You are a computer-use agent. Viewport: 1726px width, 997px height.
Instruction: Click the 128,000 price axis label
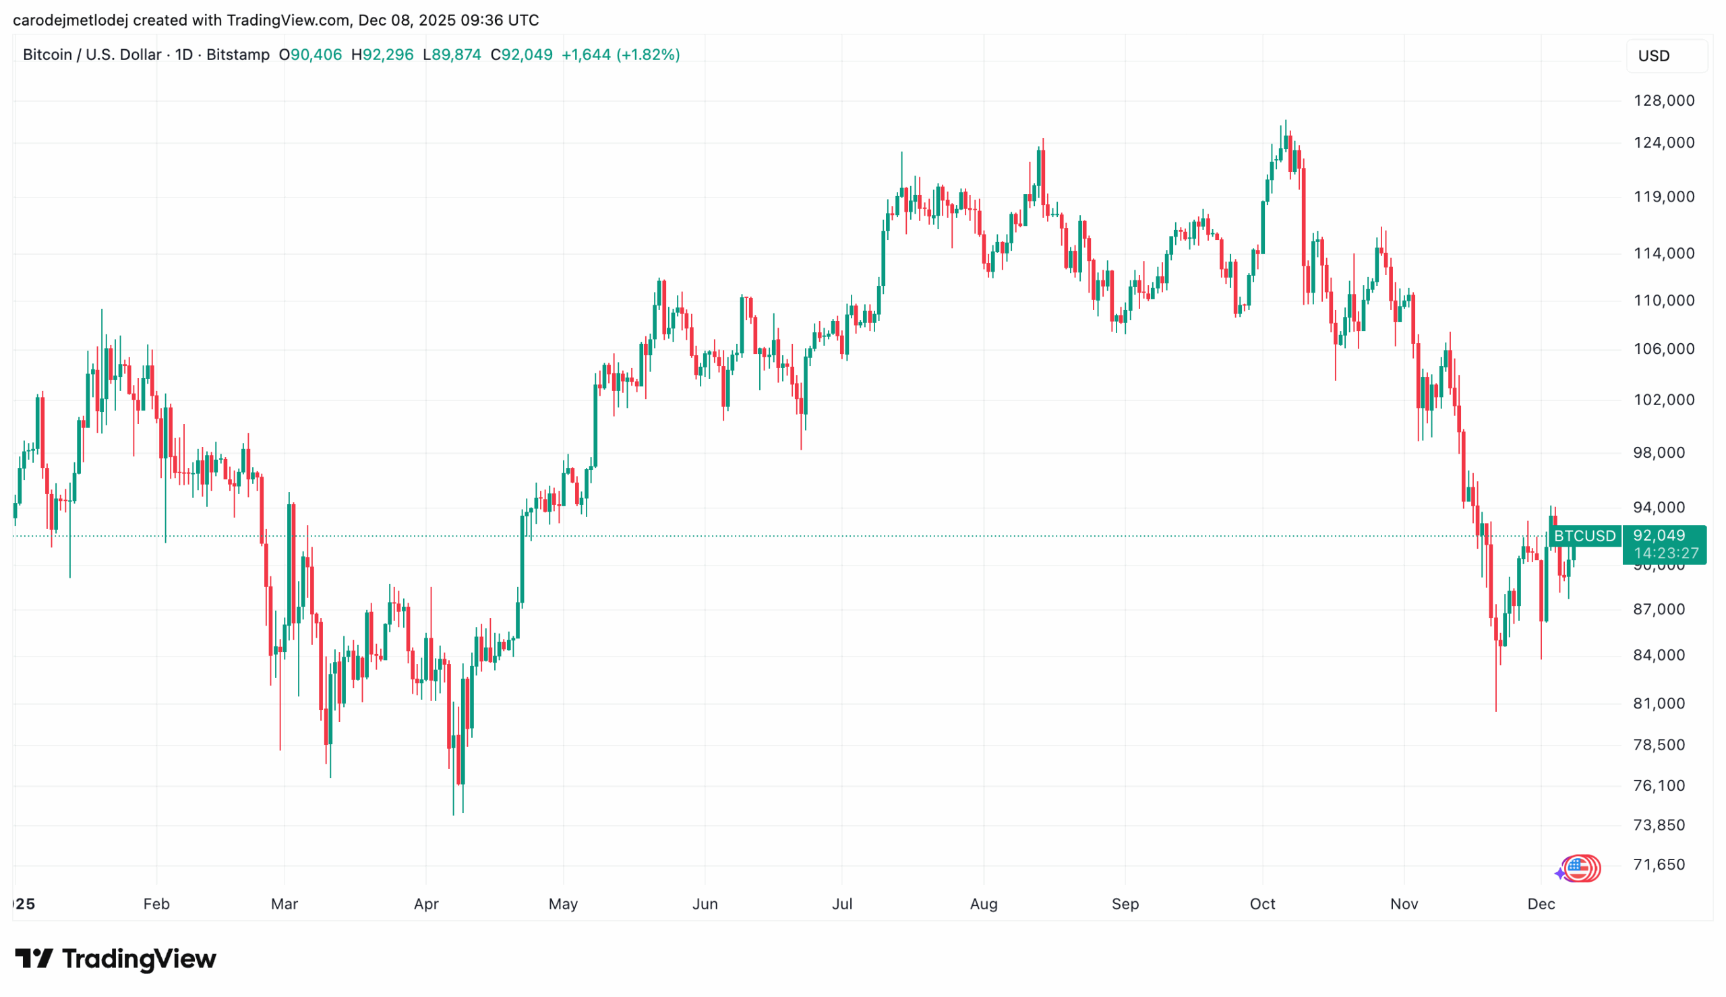(1663, 100)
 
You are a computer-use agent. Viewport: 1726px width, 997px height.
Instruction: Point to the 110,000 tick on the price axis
(1663, 301)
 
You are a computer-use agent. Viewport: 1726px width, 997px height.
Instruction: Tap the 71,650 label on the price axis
(1658, 865)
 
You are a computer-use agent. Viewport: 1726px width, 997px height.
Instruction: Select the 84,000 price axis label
(1658, 655)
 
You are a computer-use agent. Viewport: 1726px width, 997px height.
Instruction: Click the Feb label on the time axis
(156, 904)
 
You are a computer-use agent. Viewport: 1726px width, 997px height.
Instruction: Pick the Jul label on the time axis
(841, 904)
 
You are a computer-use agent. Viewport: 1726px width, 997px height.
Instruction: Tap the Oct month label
(1262, 904)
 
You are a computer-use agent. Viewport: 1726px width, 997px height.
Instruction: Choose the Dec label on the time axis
(1541, 904)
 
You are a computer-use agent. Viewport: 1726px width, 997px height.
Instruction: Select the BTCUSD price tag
(1584, 536)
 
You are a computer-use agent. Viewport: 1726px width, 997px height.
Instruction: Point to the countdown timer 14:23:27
(1665, 553)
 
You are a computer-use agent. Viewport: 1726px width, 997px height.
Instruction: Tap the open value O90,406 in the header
(310, 55)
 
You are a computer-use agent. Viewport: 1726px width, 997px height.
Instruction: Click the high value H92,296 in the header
(382, 55)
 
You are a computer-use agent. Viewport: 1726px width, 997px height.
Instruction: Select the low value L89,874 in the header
(452, 55)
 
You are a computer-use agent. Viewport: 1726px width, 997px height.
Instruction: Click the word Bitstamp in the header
(237, 55)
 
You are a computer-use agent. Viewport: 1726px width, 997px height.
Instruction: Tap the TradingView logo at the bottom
(116, 959)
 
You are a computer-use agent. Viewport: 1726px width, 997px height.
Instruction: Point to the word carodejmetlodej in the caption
(71, 20)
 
